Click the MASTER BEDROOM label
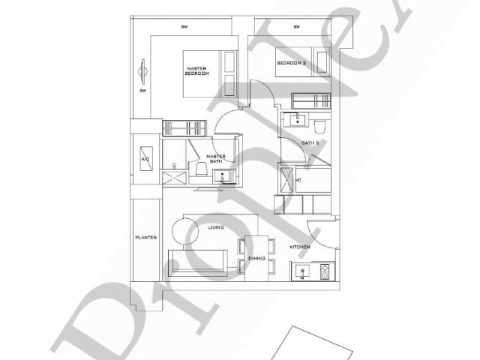click(196, 70)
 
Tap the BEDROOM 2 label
click(291, 63)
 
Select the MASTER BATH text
click(215, 158)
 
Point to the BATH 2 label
click(310, 142)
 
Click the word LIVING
click(216, 227)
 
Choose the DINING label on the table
click(256, 259)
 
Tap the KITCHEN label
click(300, 246)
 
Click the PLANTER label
click(145, 238)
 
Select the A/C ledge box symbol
click(145, 160)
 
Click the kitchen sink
click(303, 271)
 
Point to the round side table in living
click(184, 229)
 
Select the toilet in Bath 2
click(319, 125)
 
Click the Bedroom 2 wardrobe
click(311, 100)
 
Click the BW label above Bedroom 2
click(296, 28)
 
